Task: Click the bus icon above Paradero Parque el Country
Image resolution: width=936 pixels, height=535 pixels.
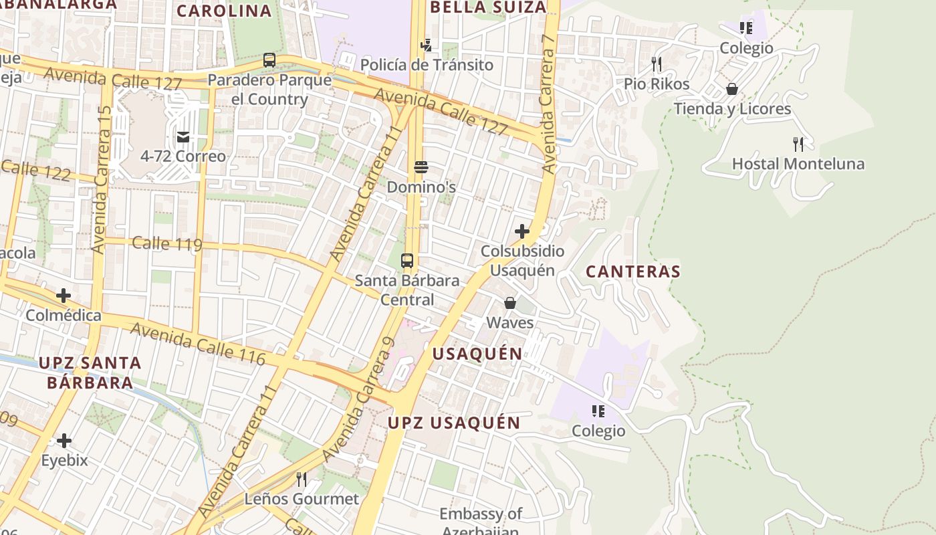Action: coord(269,60)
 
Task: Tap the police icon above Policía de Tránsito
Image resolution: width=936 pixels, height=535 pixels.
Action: coord(426,45)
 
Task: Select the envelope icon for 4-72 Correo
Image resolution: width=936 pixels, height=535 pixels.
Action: coord(183,137)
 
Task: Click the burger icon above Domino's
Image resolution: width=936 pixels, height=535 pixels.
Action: coord(421,167)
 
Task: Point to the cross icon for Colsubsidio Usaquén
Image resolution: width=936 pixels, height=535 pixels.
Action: coord(522,231)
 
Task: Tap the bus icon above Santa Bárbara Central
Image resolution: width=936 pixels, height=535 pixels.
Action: coord(407,261)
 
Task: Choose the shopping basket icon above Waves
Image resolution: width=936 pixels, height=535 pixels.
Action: coord(510,303)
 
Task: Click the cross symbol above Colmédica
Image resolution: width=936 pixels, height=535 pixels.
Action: coord(64,296)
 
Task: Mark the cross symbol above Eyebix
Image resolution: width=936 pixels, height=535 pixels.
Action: coord(64,441)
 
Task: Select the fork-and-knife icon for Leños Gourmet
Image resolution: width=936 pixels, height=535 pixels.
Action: coord(302,479)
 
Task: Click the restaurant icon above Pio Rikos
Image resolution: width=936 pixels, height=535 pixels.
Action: coord(657,64)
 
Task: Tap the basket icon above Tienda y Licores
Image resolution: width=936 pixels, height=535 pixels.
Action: coord(732,89)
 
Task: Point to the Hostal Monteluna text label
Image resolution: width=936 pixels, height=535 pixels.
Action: coord(798,164)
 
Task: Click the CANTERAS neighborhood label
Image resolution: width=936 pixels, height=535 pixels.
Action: coord(632,272)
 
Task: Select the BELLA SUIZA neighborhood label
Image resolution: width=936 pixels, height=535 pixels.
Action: coord(488,7)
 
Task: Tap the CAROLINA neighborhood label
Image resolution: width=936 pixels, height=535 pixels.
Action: coord(224,11)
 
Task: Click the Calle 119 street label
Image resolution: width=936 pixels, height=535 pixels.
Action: coord(166,243)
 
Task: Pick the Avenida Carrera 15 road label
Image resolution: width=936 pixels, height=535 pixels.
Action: coord(102,180)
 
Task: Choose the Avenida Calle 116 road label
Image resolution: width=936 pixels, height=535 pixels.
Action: coord(197,344)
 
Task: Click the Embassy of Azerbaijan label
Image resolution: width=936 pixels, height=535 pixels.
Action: coord(480,522)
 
